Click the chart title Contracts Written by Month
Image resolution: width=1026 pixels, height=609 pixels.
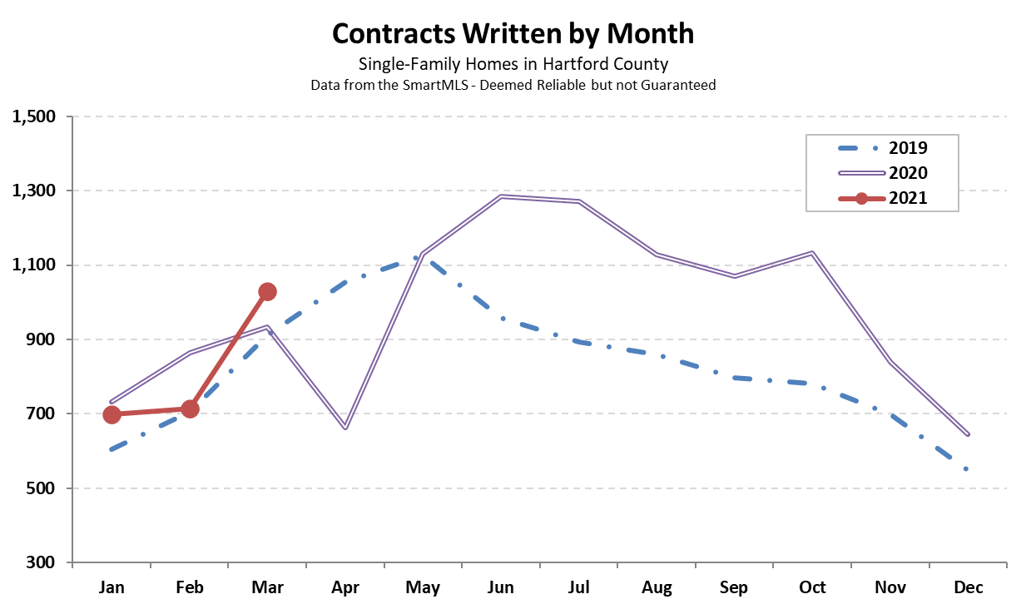pos(513,33)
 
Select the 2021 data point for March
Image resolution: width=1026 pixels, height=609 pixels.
pos(267,291)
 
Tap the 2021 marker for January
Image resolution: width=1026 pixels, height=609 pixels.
pos(112,414)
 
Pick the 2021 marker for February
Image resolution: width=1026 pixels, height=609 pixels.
pos(190,408)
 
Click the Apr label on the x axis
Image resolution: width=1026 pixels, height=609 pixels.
pos(345,587)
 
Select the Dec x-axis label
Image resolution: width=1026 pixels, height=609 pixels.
pos(969,587)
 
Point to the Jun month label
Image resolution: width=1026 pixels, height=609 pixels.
pos(501,587)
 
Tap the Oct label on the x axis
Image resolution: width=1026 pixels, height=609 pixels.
pos(812,587)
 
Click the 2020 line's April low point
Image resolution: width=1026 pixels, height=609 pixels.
pos(345,428)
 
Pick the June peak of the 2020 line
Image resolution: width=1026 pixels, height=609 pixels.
pos(501,196)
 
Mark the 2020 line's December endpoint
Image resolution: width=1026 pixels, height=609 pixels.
pos(969,434)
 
